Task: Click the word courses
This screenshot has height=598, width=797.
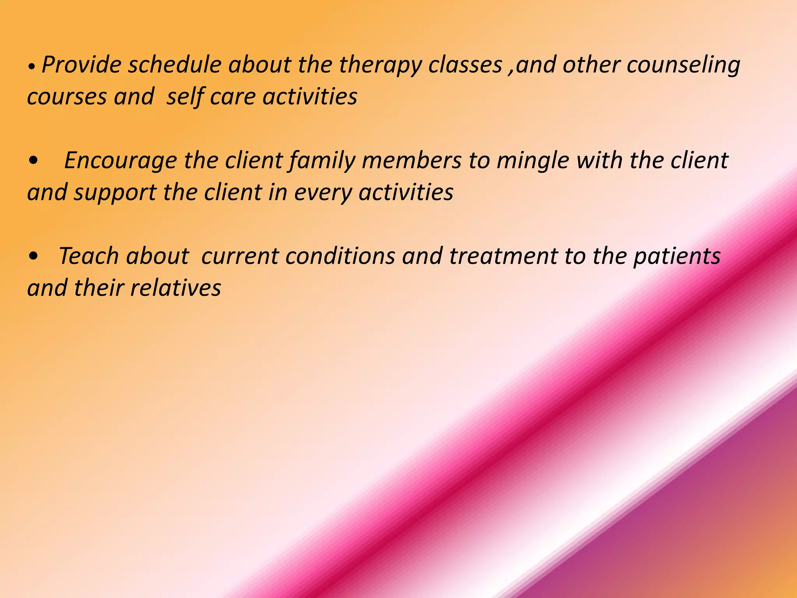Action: point(67,97)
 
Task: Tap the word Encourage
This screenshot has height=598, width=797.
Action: point(120,161)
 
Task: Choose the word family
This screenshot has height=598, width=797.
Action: point(322,161)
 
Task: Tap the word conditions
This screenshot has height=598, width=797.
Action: point(340,256)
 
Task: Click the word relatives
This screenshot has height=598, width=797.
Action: point(176,288)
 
